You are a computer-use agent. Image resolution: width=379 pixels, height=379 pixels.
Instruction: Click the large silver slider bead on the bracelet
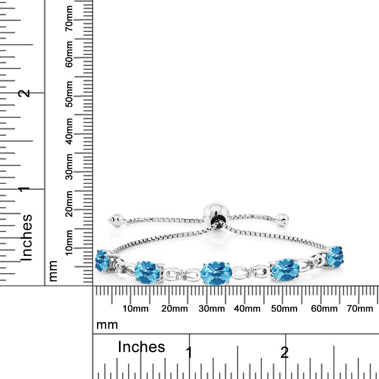tap(216, 214)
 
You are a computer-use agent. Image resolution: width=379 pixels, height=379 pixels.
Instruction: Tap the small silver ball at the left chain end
tap(116, 219)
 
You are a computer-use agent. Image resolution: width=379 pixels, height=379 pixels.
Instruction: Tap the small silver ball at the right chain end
tap(282, 219)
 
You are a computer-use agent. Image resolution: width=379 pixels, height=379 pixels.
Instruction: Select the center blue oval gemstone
tap(216, 273)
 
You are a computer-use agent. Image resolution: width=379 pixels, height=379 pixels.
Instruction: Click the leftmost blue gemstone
tap(102, 261)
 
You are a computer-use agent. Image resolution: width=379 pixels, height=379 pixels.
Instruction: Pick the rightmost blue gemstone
tap(335, 257)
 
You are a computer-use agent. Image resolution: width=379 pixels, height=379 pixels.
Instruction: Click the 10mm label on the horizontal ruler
tap(136, 309)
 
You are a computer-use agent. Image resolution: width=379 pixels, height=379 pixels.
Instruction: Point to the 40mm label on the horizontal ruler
tap(247, 309)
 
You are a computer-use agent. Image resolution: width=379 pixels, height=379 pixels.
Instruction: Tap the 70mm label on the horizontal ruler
tap(360, 309)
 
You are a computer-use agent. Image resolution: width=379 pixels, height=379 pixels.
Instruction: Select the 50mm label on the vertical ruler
tap(69, 94)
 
